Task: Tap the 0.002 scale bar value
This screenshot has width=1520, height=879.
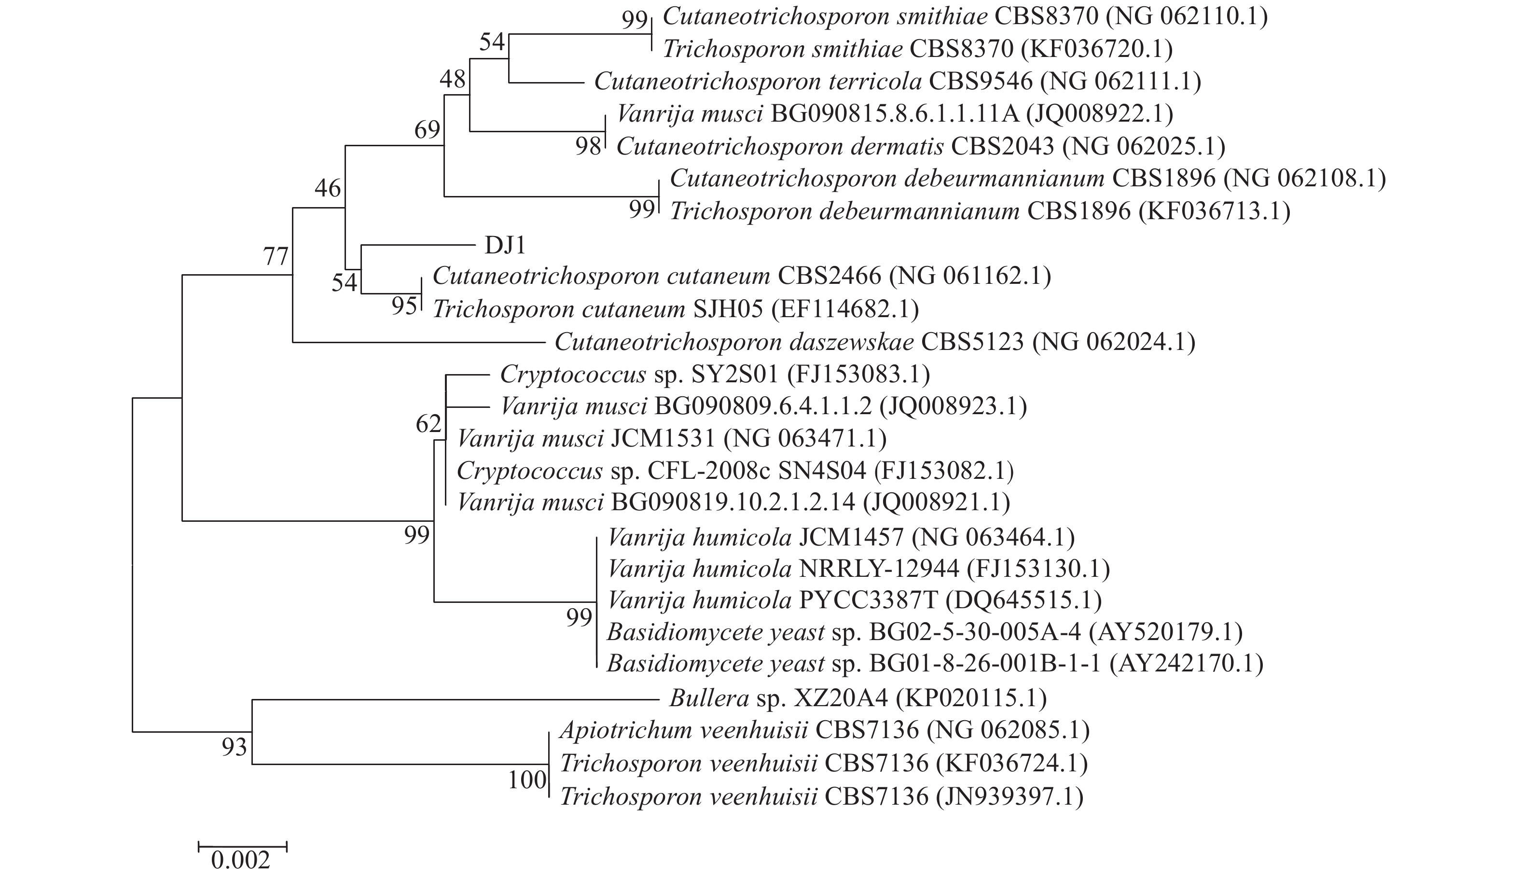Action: coord(241,860)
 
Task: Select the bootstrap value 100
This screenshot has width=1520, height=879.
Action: coord(526,780)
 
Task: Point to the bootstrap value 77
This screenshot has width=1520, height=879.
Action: coord(276,257)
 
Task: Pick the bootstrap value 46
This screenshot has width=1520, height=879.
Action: coord(328,189)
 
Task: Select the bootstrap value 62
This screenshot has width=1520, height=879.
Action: coord(428,424)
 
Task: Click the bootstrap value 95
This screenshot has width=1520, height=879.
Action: coord(404,306)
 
